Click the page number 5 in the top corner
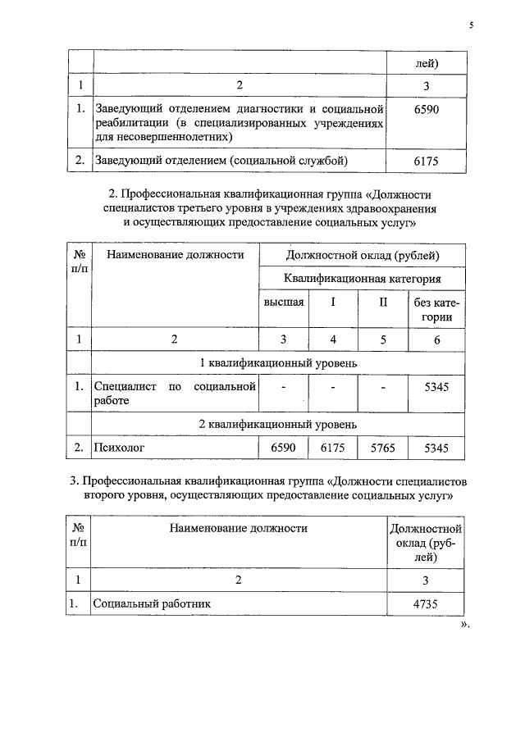(472, 25)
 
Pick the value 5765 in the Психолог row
(383, 448)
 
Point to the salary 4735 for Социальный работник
(427, 603)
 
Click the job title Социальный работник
(153, 603)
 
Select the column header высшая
(284, 302)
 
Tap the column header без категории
(436, 309)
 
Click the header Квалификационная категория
(363, 278)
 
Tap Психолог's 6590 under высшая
(283, 448)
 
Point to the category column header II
(382, 302)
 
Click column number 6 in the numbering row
(436, 338)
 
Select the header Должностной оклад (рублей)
(363, 255)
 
